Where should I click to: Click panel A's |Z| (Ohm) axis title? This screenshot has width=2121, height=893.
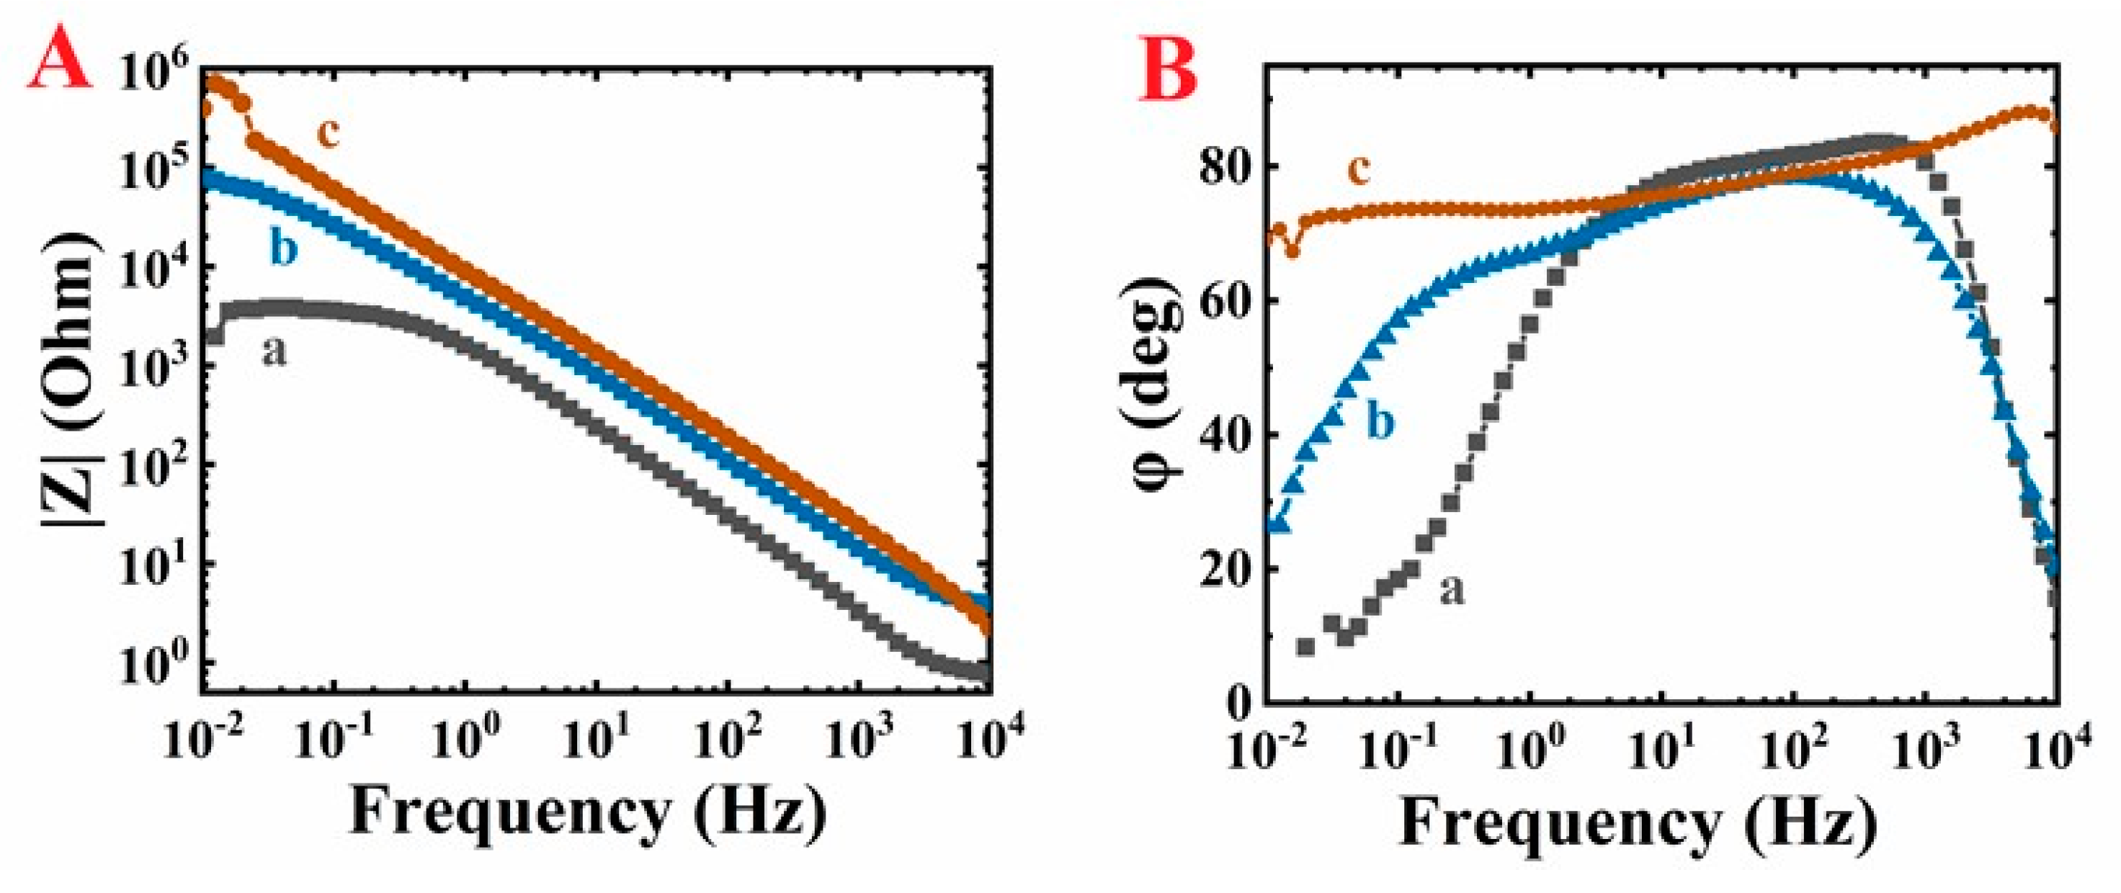pos(73,379)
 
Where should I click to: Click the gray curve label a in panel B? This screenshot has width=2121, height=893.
pos(1452,588)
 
